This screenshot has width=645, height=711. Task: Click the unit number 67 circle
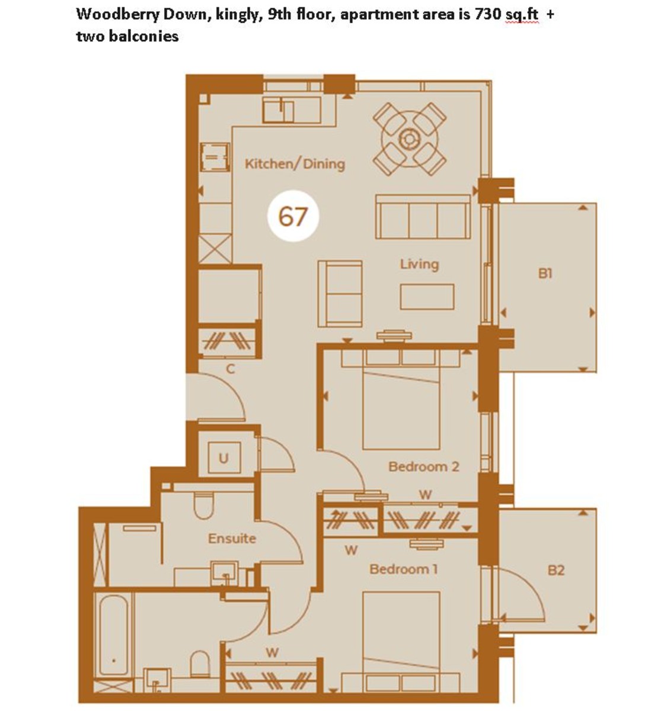293,216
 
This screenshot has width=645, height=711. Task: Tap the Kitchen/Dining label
295,164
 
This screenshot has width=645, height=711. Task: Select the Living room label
419,264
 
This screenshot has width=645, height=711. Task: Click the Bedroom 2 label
423,466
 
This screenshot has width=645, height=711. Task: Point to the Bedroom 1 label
403,569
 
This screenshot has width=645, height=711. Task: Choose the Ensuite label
232,539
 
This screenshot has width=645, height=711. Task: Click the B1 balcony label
545,274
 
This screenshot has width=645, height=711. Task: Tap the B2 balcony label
555,571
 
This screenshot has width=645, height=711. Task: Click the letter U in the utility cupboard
223,458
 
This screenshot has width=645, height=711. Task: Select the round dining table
409,139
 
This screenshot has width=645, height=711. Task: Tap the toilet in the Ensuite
203,506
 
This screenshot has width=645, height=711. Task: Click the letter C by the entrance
231,369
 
